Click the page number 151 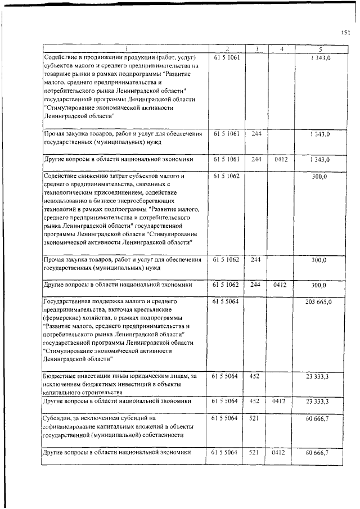point(345,33)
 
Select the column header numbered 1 point(125,49)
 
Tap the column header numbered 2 point(227,49)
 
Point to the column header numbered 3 point(256,49)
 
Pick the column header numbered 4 point(281,49)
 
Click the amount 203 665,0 point(319,302)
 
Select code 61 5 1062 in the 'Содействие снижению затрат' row point(227,176)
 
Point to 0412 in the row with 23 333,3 point(281,402)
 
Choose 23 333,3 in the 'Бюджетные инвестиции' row point(318,376)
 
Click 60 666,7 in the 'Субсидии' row point(318,419)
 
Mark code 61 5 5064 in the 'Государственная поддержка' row point(227,302)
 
